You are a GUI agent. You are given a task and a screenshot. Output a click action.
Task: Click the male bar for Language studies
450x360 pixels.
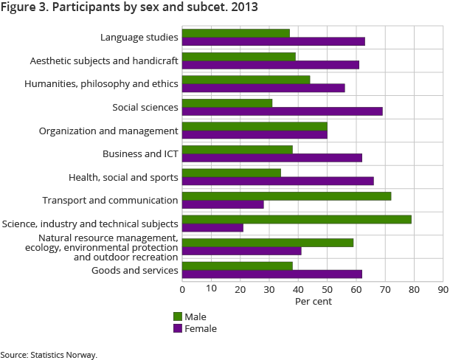(x=235, y=33)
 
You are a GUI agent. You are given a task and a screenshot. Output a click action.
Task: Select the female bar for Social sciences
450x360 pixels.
(x=282, y=111)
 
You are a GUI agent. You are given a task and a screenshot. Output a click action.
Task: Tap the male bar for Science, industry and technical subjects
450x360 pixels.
(x=297, y=219)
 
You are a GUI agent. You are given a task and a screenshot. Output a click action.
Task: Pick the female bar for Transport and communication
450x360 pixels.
(x=223, y=204)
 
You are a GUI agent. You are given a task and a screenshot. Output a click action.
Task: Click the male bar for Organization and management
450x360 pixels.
(x=255, y=126)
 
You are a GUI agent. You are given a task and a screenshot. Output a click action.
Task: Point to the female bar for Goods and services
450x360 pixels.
(x=271, y=274)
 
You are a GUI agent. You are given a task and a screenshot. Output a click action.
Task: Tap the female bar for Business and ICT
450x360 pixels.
(x=271, y=158)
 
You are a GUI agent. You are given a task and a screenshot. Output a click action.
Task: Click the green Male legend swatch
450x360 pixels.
(x=177, y=316)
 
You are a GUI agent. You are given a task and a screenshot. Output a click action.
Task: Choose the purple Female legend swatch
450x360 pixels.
(x=177, y=328)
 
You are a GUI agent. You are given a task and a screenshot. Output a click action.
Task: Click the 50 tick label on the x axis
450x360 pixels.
(x=327, y=289)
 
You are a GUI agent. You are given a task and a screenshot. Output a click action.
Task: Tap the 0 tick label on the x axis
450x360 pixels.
(x=182, y=289)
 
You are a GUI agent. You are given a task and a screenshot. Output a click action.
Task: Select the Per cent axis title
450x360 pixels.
(x=314, y=302)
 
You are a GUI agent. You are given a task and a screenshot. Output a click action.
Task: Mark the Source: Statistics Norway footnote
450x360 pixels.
(x=49, y=354)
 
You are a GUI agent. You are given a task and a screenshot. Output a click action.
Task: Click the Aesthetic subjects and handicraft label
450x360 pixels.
(x=104, y=61)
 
